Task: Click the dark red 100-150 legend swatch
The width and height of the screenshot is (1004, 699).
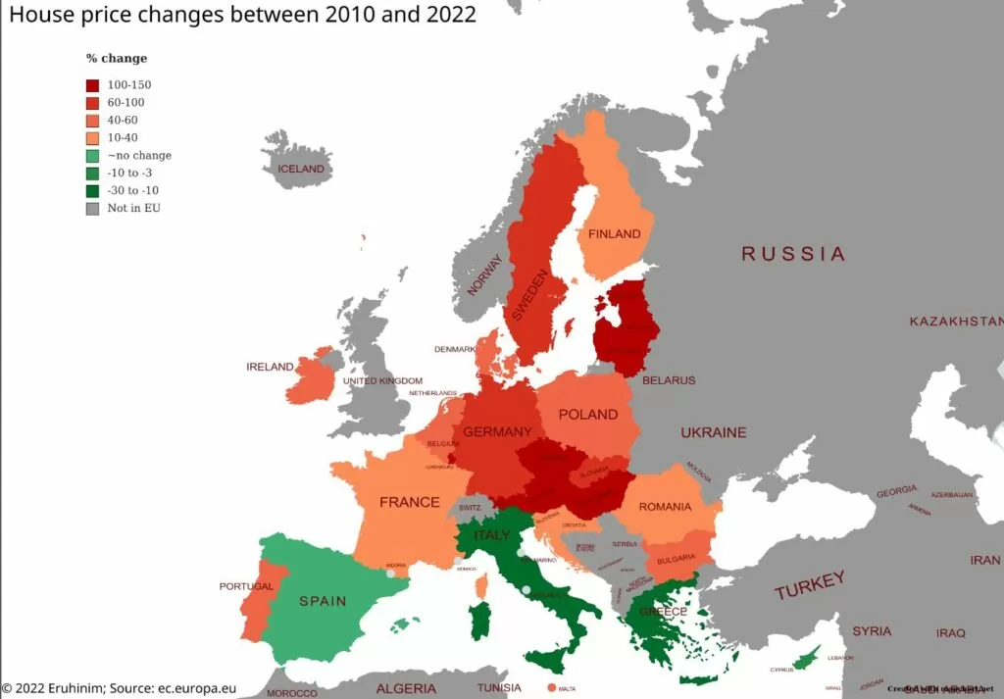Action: pos(92,85)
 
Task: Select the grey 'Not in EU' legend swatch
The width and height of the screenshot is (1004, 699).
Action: pos(92,209)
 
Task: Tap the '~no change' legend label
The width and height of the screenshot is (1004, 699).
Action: pos(139,156)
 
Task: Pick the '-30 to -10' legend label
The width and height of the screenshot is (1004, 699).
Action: pos(132,191)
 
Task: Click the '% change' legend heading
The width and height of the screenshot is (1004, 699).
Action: pos(117,59)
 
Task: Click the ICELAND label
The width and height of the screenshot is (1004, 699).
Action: pos(300,169)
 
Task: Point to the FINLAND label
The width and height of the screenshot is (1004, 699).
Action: pos(614,234)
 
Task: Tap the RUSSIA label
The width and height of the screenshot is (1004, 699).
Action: pos(792,254)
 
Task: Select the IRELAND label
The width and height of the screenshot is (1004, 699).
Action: pos(270,367)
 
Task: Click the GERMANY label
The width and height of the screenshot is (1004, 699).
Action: pos(497,432)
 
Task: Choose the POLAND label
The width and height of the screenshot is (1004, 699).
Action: pos(587,415)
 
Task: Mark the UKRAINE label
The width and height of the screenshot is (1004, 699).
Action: pos(714,432)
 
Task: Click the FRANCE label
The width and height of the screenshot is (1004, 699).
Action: pos(409,502)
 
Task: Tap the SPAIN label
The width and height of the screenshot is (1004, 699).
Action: pos(323,601)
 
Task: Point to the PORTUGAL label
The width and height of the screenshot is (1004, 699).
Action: pos(246,586)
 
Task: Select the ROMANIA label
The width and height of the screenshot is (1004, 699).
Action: pos(665,507)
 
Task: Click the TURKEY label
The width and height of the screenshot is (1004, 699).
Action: pos(809,586)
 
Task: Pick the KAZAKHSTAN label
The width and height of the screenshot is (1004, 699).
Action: pos(955,322)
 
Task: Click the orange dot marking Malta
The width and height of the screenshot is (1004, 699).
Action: pos(551,687)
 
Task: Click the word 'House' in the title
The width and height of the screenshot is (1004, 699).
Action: pos(38,16)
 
